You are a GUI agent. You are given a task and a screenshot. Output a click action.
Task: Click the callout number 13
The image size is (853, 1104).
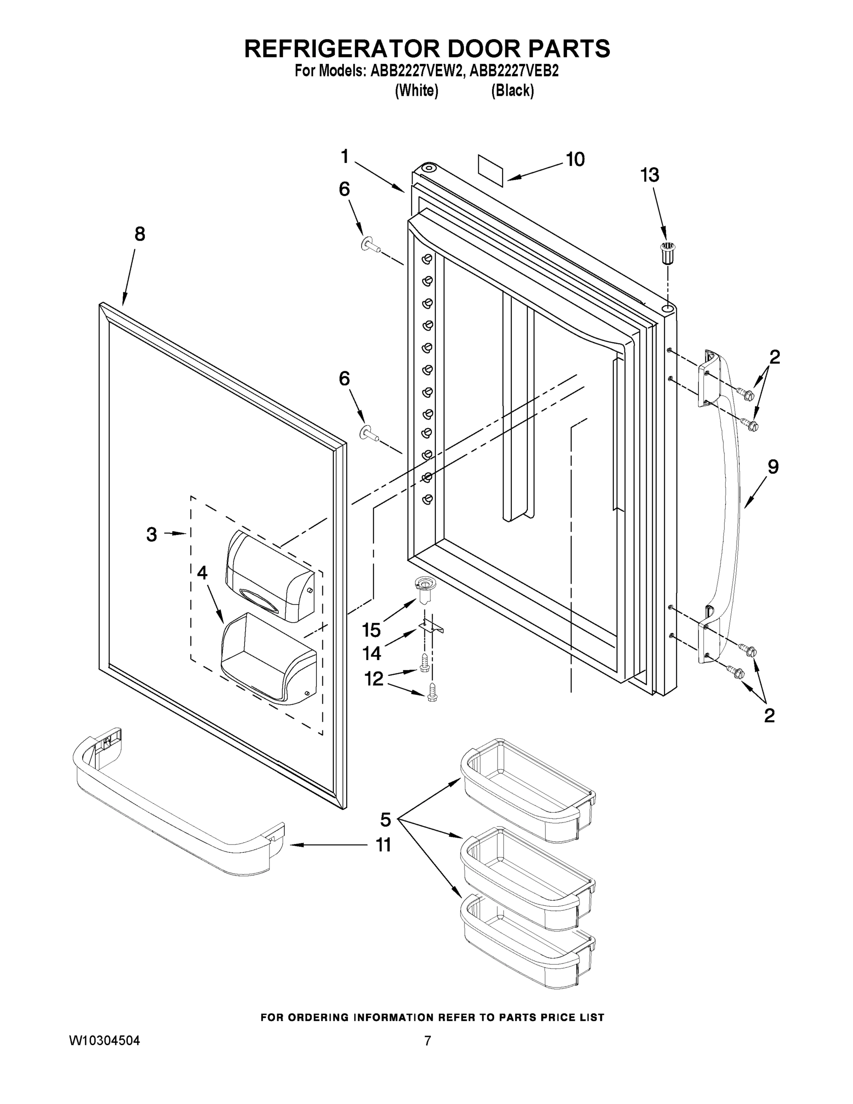point(649,175)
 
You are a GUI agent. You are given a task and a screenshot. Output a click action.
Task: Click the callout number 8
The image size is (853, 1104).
point(140,234)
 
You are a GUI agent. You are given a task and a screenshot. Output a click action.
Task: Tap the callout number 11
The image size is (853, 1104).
point(383,845)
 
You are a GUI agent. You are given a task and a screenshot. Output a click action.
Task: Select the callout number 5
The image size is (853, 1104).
point(385,819)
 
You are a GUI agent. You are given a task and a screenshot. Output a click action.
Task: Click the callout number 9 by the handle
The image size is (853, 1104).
point(773,467)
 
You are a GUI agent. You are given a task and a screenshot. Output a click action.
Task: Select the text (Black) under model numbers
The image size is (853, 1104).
point(512,91)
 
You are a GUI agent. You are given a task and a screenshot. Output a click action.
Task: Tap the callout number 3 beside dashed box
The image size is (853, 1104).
point(152,535)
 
